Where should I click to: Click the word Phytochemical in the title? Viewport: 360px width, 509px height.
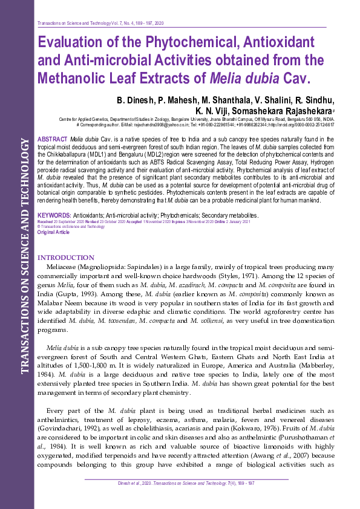(162, 43)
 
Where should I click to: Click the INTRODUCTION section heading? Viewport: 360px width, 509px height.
(66, 258)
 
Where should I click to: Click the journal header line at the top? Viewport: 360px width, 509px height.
(100, 22)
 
